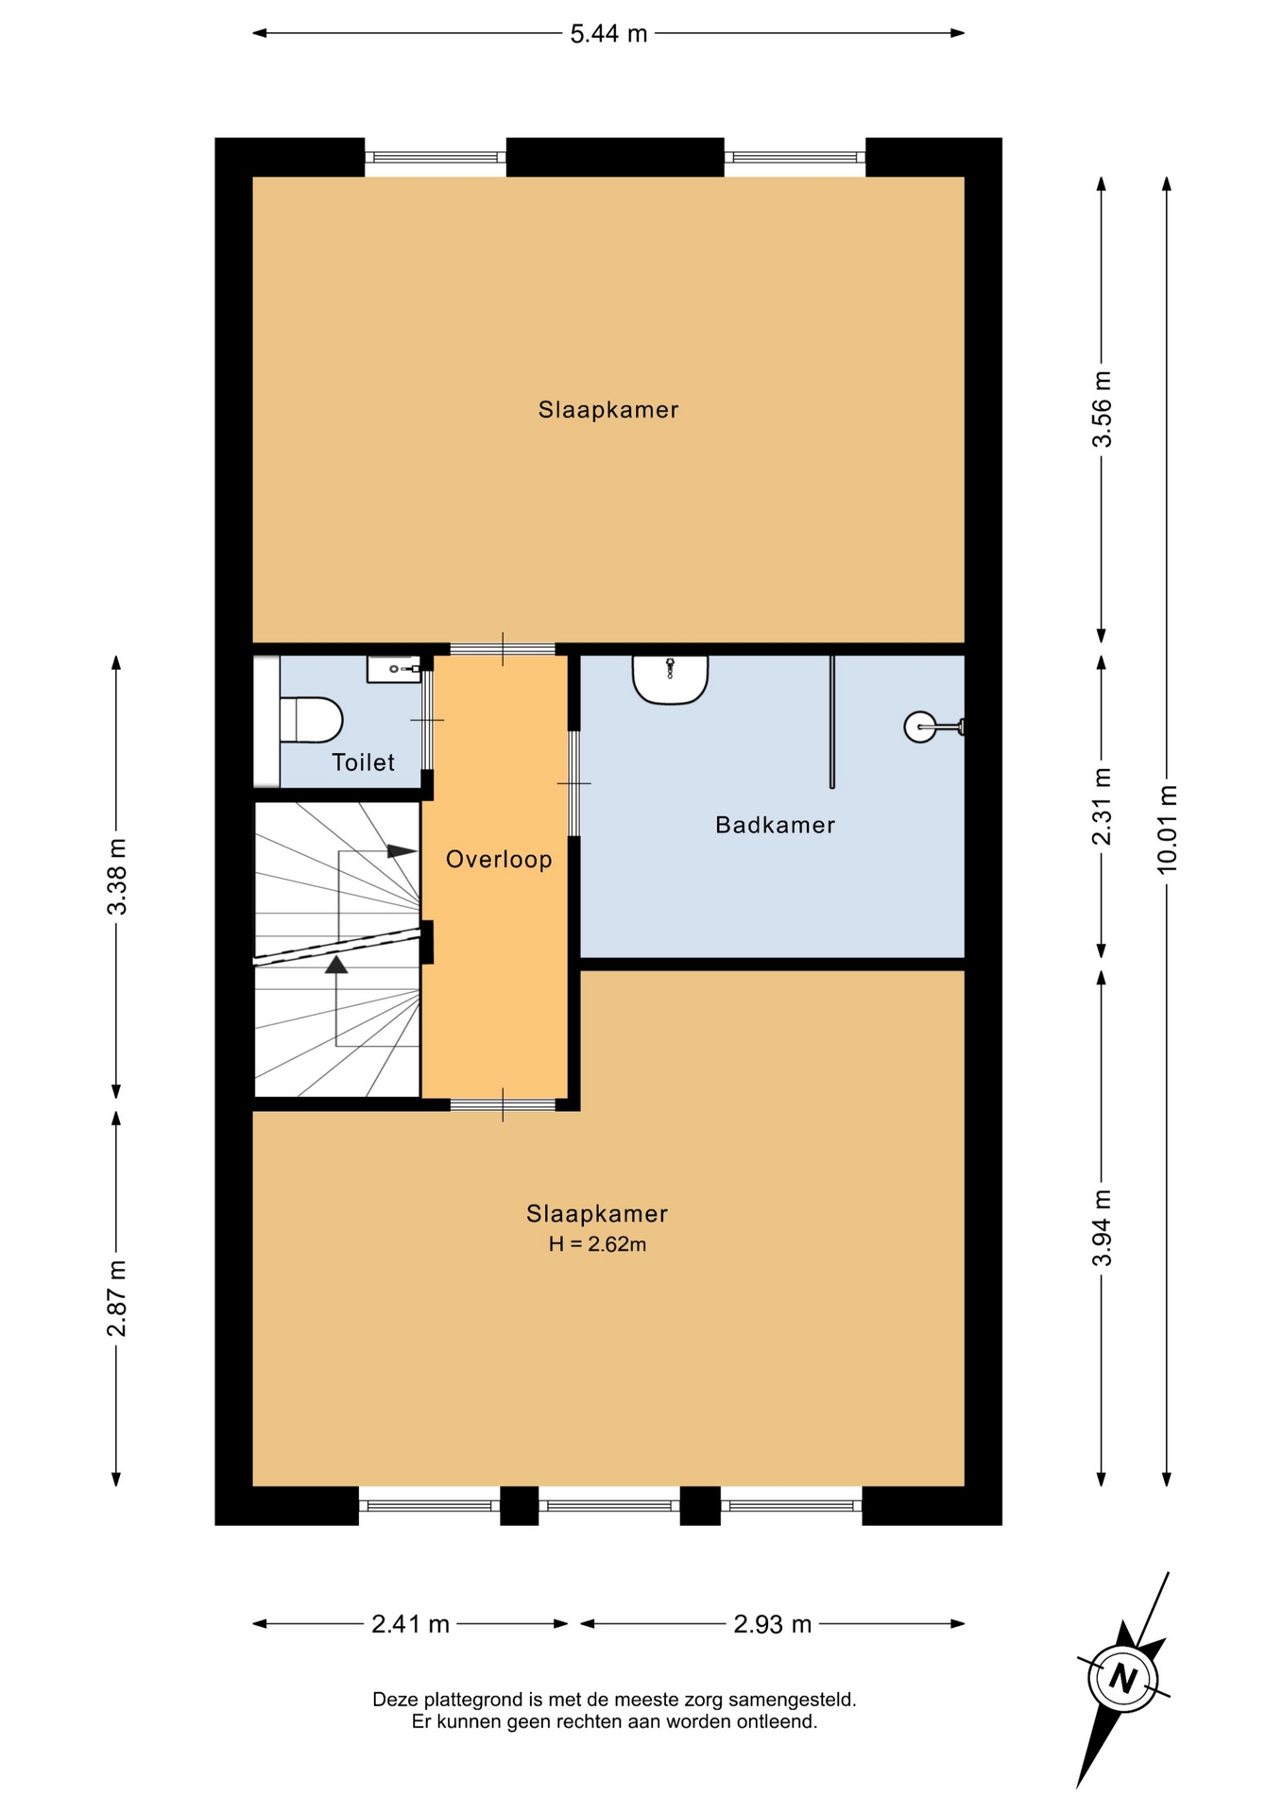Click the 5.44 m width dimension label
coord(608,34)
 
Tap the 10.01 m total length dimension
coord(1167,830)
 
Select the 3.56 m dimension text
coord(1102,409)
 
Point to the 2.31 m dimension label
coord(1102,806)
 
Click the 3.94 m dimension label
coord(1102,1227)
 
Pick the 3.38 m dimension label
coord(116,877)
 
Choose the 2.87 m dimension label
coord(116,1298)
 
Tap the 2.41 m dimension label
coord(410,1624)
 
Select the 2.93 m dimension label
coord(773,1624)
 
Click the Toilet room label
coord(363,762)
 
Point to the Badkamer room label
coord(776,825)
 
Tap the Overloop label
coord(499,860)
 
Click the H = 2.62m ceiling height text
coord(597,1244)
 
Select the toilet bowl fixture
coord(311,720)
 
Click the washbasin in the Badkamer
coord(670,679)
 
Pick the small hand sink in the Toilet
coord(393,669)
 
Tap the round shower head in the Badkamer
coord(920,727)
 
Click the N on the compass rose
coord(1123,1679)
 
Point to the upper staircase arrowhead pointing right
coord(402,851)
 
